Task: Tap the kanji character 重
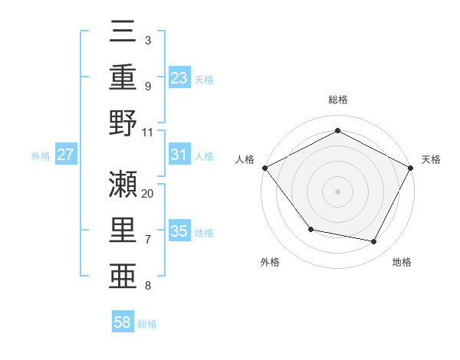pos(124,78)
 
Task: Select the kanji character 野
pos(124,123)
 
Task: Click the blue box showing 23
pos(179,77)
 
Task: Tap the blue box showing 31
pos(179,155)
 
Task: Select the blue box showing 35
pos(179,231)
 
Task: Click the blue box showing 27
pos(65,155)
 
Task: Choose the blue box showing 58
pos(123,322)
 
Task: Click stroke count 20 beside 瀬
pos(148,193)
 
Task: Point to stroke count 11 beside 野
pos(148,132)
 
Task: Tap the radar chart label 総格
pos(337,100)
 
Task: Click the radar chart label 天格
pos(431,159)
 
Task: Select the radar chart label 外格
pos(270,262)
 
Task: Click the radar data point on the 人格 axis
pos(264,168)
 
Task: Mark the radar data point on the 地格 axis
pos(374,242)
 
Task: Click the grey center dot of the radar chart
pos(337,191)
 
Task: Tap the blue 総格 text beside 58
pos(147,324)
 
